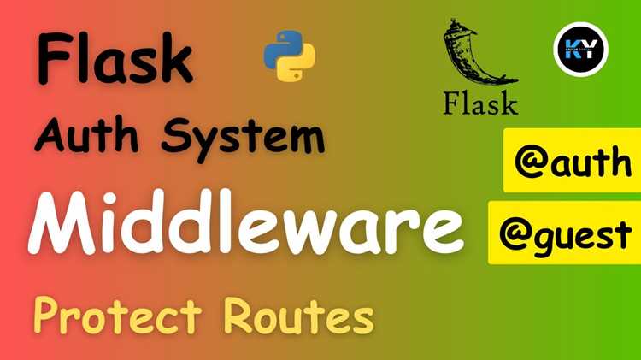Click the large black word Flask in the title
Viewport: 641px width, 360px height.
coord(115,59)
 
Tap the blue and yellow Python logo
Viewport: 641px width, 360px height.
coord(290,56)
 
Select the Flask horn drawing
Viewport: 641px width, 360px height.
coord(479,52)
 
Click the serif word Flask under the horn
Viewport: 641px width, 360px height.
coord(481,103)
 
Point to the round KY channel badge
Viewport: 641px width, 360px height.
coord(581,49)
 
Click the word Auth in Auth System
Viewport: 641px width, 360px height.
coord(86,134)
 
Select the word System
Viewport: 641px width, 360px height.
coord(244,139)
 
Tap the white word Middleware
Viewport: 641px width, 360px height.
coord(246,222)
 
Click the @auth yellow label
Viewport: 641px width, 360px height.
coord(572,160)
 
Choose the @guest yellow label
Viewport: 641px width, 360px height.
coord(565,233)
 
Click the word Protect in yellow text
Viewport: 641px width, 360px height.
coord(118,316)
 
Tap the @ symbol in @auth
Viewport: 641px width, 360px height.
coord(530,162)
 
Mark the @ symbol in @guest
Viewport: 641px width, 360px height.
coord(515,235)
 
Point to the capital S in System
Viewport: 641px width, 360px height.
coord(176,135)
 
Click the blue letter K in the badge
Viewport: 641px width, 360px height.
coord(573,50)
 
